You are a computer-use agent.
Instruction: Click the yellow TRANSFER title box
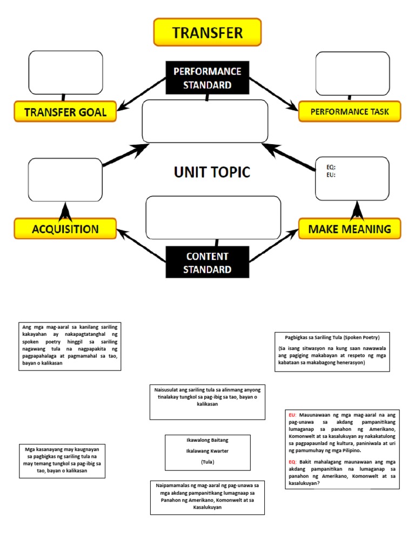coord(207,32)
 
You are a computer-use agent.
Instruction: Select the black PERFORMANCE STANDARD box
coord(207,78)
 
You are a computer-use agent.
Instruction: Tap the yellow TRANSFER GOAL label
coord(65,112)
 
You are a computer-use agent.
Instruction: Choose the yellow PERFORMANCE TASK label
coord(349,112)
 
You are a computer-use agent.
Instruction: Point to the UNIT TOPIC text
coord(212,172)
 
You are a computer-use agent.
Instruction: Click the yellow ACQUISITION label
coord(65,228)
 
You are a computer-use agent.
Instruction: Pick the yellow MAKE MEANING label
coord(349,229)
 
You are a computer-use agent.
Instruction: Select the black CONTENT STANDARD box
coord(207,262)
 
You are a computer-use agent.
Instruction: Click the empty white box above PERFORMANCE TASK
coord(352,74)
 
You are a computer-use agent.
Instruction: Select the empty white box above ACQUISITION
coord(65,179)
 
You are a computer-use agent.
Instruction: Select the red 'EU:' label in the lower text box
coord(292,415)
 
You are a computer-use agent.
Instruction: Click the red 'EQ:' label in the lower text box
coord(292,462)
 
